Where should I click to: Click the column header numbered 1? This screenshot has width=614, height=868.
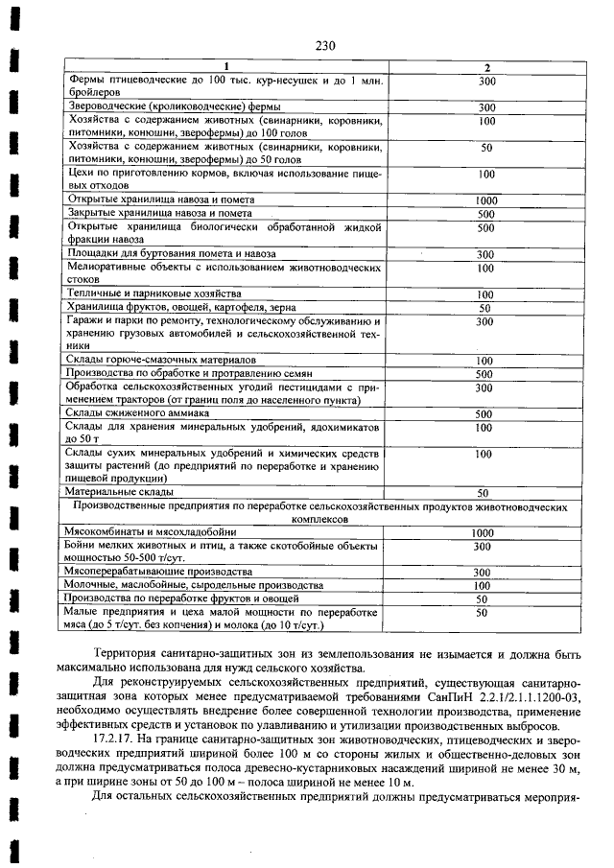[x=226, y=66]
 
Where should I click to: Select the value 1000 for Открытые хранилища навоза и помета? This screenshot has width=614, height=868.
[x=485, y=200]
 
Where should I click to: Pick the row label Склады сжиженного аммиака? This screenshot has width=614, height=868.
[x=128, y=413]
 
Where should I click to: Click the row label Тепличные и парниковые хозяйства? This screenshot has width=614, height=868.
[x=140, y=293]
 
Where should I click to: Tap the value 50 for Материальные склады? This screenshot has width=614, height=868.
[x=485, y=493]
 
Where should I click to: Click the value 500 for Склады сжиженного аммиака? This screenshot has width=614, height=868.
[x=485, y=414]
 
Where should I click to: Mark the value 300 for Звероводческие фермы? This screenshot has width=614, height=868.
[x=485, y=107]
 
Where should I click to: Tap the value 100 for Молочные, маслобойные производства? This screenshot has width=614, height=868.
[x=485, y=585]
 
